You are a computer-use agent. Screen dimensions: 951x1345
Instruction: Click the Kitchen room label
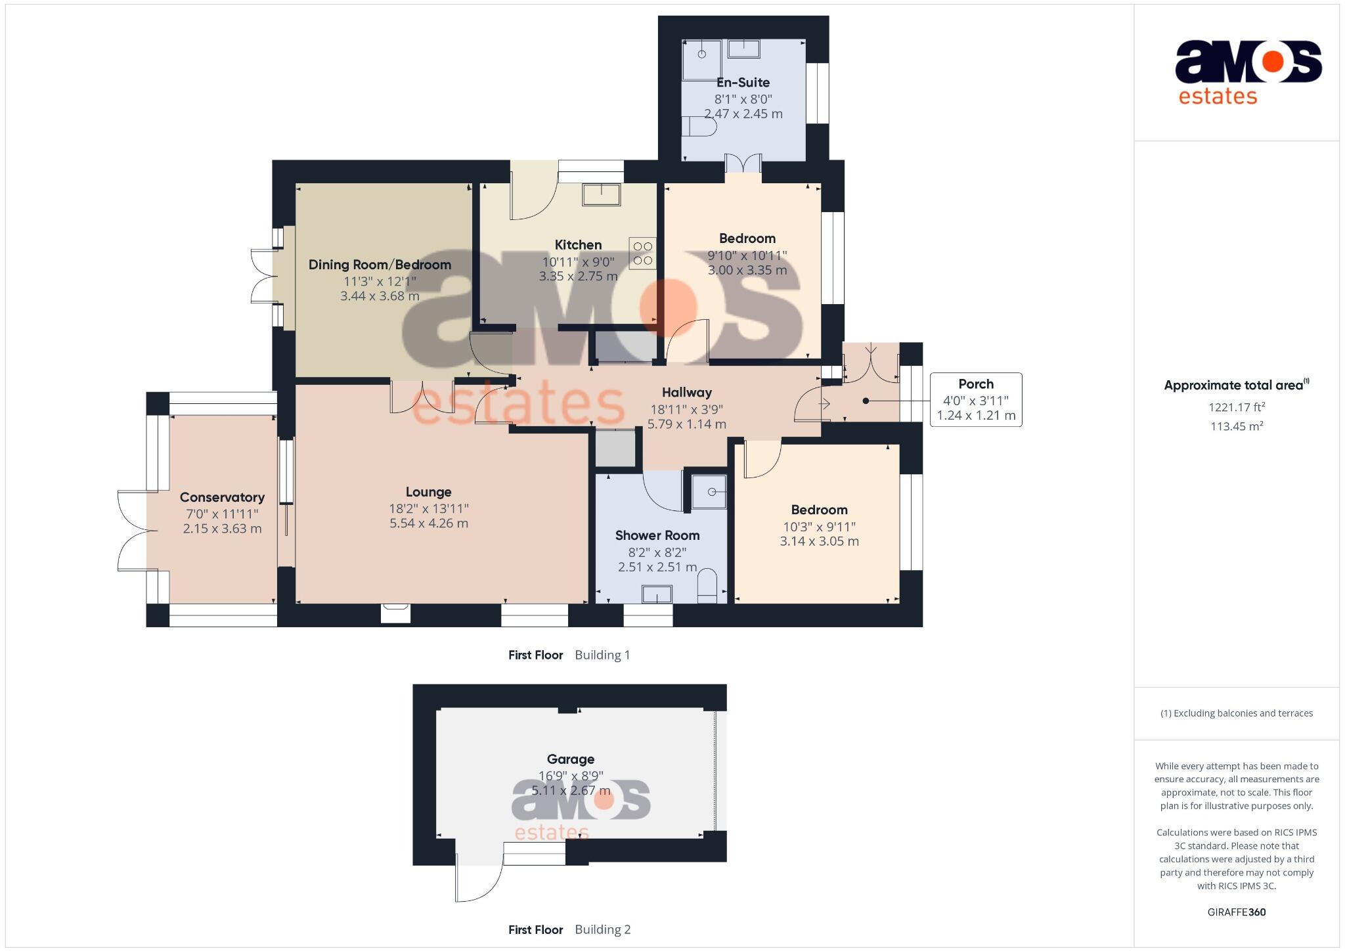coord(578,245)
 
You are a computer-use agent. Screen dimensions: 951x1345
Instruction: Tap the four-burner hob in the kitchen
coord(643,254)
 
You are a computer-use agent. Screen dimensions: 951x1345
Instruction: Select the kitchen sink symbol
coord(601,195)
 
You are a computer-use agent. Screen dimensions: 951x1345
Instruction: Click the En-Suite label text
coord(743,83)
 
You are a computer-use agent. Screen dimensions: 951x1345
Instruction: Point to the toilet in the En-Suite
coord(698,126)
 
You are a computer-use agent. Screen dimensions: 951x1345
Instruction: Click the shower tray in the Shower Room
coord(709,491)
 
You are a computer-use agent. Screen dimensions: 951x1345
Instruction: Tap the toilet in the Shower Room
coord(707,585)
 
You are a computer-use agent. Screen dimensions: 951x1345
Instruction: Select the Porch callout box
coord(975,399)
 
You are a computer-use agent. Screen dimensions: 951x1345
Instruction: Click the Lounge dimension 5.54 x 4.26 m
coord(428,523)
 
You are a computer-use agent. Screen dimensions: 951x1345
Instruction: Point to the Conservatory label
coord(222,497)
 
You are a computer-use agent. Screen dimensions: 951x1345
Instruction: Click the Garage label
coord(570,759)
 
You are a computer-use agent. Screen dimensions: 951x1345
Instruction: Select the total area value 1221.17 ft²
coord(1237,407)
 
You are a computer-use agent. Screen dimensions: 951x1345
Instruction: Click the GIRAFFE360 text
coord(1236,912)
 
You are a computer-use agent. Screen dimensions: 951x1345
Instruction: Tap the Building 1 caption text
coord(602,655)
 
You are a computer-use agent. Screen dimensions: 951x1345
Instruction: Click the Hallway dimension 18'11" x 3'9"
coord(686,409)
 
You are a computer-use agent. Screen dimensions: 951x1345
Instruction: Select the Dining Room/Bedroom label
coord(380,265)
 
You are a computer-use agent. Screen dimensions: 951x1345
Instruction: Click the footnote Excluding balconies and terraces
coord(1236,713)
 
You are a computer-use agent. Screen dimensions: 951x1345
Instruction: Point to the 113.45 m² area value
coord(1237,426)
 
